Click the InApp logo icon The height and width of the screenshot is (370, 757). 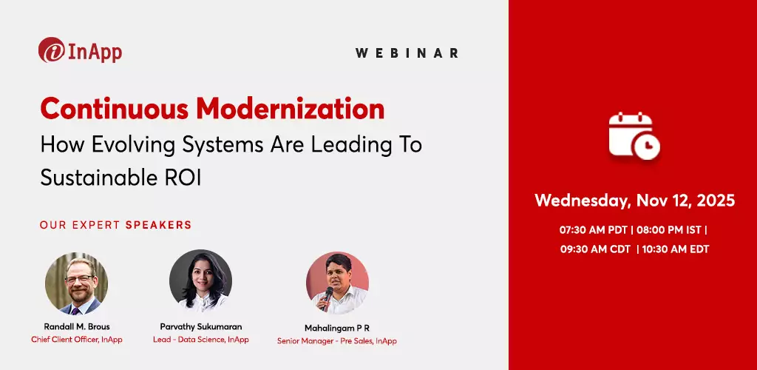click(51, 51)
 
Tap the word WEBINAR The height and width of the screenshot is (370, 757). click(407, 53)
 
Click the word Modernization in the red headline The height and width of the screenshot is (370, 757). click(290, 110)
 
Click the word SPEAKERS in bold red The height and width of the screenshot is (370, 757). click(158, 225)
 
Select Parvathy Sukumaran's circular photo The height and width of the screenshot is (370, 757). click(200, 280)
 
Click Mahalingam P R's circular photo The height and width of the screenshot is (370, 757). click(337, 283)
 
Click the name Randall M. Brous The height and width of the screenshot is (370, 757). click(77, 326)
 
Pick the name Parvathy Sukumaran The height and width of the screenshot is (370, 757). click(200, 326)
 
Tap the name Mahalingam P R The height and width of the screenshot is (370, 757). click(337, 327)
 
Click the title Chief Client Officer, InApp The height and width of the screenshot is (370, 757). click(77, 340)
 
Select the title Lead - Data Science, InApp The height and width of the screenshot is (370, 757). click(200, 340)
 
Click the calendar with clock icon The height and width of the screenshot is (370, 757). click(634, 135)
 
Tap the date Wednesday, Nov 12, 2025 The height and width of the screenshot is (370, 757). click(634, 201)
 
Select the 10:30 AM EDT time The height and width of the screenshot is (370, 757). click(676, 249)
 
